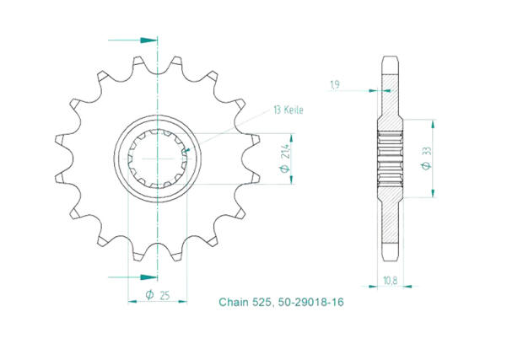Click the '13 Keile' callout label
coord(288,110)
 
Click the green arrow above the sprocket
coord(148,40)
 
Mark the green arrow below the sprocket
coord(147,276)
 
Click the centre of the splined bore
coord(158,157)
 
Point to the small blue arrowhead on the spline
coord(187,153)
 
